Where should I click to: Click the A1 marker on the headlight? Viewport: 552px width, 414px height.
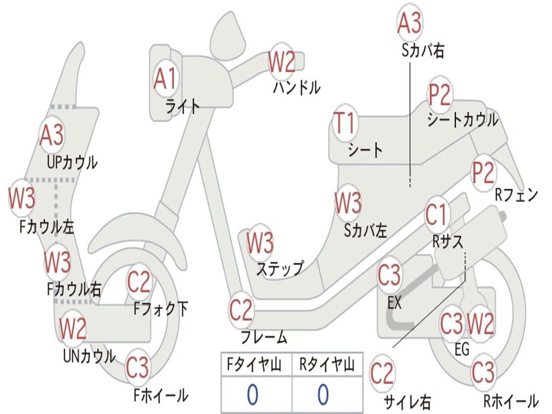point(165,79)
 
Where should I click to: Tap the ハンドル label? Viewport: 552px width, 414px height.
point(296,87)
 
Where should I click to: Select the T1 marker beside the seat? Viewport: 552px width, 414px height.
point(345,123)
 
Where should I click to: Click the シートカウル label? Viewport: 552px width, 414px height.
point(463,120)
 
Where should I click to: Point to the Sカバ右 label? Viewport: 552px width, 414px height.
point(423,51)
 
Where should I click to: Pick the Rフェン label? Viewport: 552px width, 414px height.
point(516,195)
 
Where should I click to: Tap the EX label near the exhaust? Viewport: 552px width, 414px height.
point(395,303)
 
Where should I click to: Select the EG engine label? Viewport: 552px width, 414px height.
point(462,349)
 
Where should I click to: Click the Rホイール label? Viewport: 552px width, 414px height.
point(510,401)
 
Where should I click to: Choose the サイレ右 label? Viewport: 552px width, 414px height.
point(407,402)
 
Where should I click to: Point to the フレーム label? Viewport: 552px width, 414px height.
point(264,338)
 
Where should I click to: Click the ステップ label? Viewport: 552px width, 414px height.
point(280,268)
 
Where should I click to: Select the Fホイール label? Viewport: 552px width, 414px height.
point(161,396)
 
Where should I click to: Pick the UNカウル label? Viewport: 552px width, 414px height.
point(89,356)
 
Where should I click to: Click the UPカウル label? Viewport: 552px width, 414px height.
point(72,162)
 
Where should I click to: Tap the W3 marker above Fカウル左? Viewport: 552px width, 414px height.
point(22,198)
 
